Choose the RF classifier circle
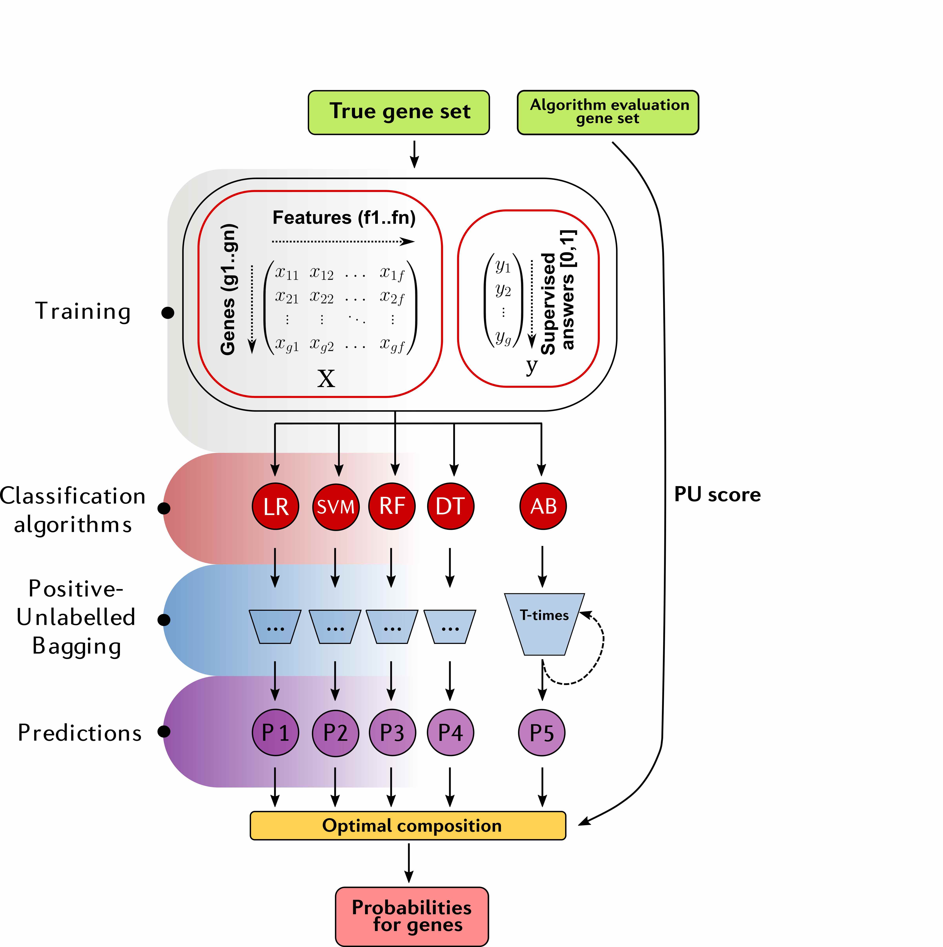point(392,506)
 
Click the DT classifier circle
point(450,506)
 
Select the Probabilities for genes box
point(412,916)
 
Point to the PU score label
point(717,495)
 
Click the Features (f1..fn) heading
point(344,217)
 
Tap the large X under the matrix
point(326,378)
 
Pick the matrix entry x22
point(322,297)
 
